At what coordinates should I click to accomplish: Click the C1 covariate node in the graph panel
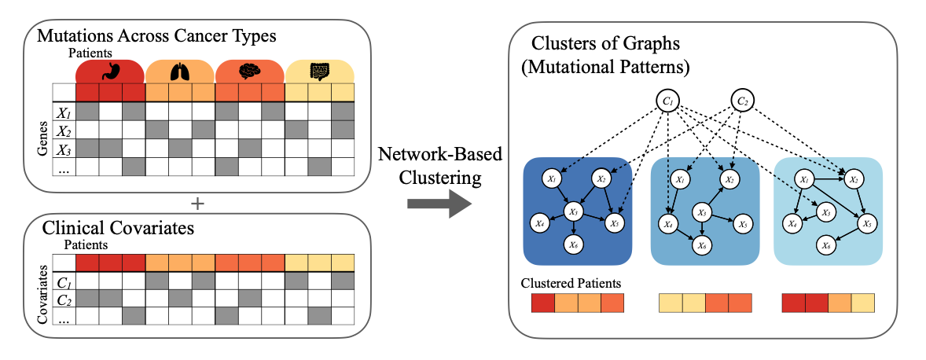[668, 101]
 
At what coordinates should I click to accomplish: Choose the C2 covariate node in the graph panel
[742, 101]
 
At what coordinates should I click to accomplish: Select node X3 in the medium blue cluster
[702, 211]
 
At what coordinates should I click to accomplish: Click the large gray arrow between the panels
[439, 208]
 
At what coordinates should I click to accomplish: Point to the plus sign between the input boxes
[197, 203]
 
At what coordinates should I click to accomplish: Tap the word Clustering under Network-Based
[440, 178]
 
